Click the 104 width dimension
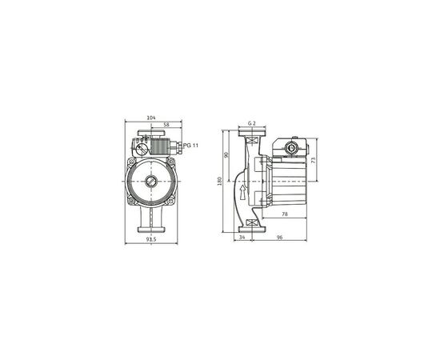point(152,118)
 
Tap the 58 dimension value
point(166,126)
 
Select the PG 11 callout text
point(190,145)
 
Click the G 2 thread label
point(251,122)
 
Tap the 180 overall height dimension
point(219,181)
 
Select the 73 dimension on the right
point(313,160)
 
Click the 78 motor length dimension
point(286,214)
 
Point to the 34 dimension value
point(242,237)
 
